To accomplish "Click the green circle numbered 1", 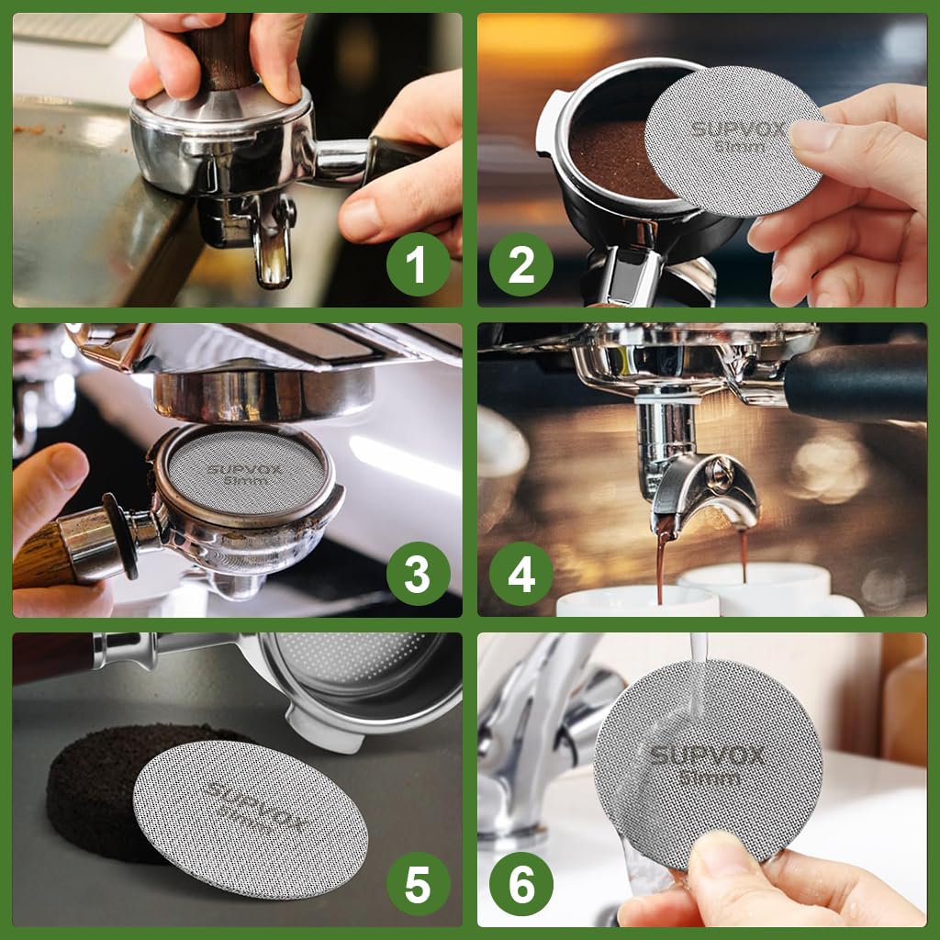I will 418,264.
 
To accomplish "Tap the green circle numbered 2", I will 521,264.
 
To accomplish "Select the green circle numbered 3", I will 418,575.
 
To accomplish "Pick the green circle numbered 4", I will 521,575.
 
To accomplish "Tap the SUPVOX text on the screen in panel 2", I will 739,128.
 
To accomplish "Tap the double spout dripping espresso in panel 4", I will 702,491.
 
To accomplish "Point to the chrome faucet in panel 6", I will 532,734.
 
